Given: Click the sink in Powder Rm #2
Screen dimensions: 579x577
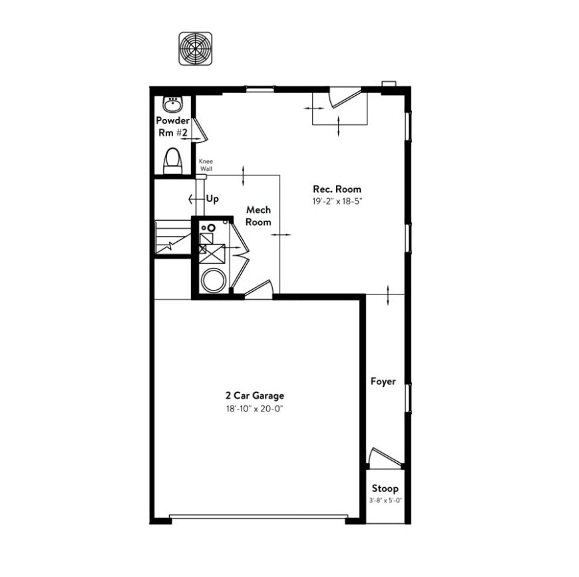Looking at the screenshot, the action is pos(172,104).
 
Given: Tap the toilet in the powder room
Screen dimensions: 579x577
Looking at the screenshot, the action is pos(173,161).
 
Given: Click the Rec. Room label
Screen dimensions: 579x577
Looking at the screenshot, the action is pos(337,189).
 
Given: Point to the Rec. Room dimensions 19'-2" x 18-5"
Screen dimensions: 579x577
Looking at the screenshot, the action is pos(337,201).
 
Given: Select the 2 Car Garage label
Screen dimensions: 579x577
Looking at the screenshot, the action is pos(255,396).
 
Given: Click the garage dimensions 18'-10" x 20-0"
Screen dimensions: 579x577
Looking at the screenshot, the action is pos(255,409).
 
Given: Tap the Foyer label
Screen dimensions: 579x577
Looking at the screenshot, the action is pos(383,382).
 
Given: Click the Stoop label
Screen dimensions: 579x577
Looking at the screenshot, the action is pos(385,489).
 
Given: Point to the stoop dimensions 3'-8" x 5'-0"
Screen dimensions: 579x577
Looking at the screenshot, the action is pos(385,501).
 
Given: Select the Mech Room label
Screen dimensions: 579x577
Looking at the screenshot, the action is pos(258,216).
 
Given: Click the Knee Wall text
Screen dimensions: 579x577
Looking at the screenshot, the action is pos(206,166).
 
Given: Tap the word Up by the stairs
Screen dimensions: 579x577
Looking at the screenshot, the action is pos(212,199).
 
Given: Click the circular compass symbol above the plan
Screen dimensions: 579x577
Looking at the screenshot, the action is pos(196,49).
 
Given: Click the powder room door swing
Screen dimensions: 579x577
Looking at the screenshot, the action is pos(200,130).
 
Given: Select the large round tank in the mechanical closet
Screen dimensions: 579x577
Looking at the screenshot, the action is pos(212,280).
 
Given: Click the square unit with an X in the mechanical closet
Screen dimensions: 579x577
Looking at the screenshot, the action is pos(212,253).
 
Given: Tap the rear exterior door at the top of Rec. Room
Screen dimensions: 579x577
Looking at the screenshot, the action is pos(345,98).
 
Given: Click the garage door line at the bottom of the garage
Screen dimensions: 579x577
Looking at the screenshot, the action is pos(258,517).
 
